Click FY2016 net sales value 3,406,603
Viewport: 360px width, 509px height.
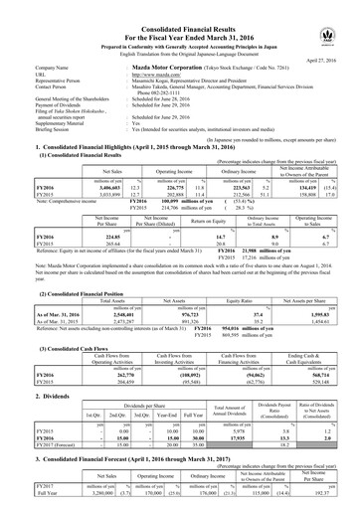(x=83, y=184)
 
